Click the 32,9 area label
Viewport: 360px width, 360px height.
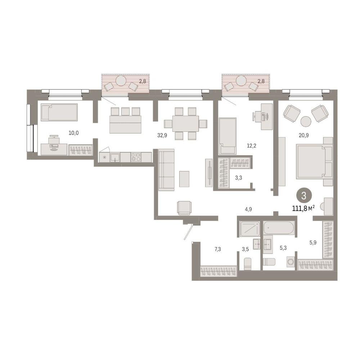(162, 135)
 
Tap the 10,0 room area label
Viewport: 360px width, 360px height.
(73, 133)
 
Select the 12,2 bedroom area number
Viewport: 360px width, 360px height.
(251, 145)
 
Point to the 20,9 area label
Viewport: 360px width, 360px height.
(303, 135)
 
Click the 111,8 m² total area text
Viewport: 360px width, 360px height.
(303, 208)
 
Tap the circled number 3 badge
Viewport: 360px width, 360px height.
(304, 196)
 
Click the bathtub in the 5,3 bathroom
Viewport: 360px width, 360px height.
(279, 228)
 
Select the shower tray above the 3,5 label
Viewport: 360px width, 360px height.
(250, 229)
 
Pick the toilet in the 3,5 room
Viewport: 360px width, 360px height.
(248, 264)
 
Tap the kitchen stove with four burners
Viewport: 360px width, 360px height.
(136, 157)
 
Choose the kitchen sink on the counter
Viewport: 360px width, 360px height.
(115, 158)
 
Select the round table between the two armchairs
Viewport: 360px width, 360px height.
(306, 121)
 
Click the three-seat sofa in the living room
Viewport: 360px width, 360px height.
(166, 170)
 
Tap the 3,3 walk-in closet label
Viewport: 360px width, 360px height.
(239, 178)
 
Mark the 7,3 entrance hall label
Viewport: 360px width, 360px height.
(218, 249)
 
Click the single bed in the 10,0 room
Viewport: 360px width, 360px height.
(59, 112)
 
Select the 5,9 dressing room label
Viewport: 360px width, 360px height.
(313, 242)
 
